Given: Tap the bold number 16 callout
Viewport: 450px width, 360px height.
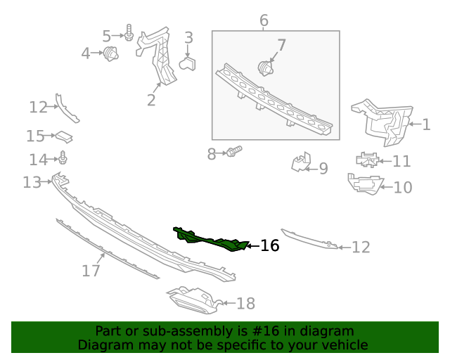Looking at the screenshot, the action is click(x=269, y=245).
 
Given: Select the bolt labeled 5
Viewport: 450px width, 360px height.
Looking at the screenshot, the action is click(x=129, y=32).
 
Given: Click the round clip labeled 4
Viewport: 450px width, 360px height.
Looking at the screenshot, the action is click(x=111, y=53).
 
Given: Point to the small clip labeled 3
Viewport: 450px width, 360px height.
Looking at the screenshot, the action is click(x=188, y=63).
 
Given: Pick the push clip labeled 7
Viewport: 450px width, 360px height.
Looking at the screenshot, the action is click(x=265, y=68).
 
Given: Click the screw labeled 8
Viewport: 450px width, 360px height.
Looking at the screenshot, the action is click(x=234, y=151).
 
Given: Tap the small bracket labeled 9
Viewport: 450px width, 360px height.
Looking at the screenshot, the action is click(x=301, y=162).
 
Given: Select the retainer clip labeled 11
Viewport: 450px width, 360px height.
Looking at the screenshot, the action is click(x=367, y=160).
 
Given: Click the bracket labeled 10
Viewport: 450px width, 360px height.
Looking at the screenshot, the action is click(x=365, y=184).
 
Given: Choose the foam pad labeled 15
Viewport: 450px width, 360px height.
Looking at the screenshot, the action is click(x=64, y=136).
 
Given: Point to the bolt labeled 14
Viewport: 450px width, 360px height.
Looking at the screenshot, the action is click(x=63, y=157).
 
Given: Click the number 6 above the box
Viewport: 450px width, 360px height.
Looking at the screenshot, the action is click(x=264, y=20).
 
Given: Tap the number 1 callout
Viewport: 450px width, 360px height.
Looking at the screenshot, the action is click(x=427, y=124).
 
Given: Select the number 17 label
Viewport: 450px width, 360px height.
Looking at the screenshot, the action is click(x=91, y=271).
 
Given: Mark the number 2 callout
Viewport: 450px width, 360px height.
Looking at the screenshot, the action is click(x=151, y=100).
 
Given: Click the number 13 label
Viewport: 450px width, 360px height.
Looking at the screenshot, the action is click(x=32, y=182).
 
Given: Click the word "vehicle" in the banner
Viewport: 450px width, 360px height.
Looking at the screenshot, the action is click(x=347, y=345).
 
